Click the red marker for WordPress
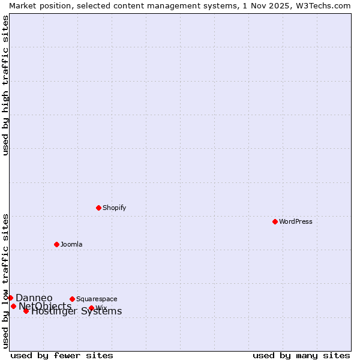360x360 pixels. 275,221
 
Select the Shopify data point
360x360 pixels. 98,208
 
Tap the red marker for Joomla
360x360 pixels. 56,244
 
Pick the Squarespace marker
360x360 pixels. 72,299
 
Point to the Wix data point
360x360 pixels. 91,308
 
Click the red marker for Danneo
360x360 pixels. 10,298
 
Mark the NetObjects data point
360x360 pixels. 13,306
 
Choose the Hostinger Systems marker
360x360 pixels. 26,311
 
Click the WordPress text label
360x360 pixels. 296,221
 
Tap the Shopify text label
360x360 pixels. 115,208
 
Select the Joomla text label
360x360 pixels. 71,244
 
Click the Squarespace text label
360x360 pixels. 97,299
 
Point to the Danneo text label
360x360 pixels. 34,298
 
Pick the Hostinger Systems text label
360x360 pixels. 77,311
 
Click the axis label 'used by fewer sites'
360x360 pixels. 62,355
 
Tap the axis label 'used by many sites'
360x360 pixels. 301,355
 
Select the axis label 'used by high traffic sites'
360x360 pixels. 5,85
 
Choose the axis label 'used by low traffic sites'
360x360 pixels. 5,281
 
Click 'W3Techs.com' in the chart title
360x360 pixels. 322,5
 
